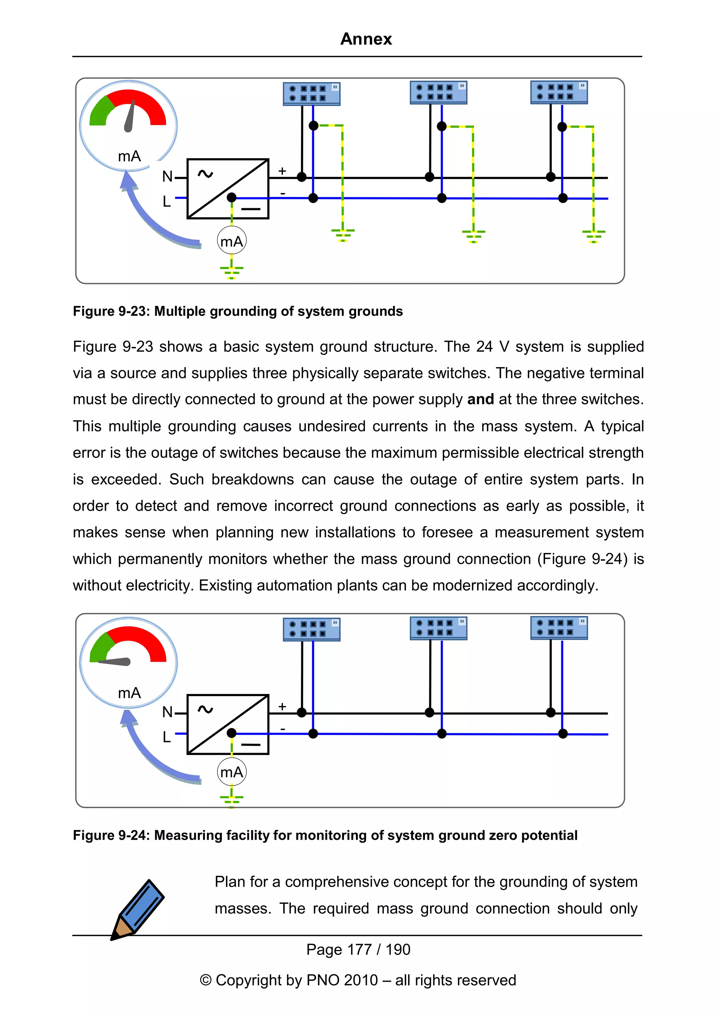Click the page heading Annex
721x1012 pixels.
366,39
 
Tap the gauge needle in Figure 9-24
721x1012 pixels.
114,662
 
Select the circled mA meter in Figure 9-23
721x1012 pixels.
231,241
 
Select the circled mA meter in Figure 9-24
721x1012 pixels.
231,772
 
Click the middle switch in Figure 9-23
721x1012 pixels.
438,92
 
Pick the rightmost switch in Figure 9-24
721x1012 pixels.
559,628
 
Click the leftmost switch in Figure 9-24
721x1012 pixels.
311,629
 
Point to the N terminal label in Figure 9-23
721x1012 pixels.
167,176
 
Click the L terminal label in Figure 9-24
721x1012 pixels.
167,737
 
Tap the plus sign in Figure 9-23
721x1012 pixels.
282,170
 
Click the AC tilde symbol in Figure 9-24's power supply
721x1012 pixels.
205,709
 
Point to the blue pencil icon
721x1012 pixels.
138,909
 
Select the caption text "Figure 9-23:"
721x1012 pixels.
111,311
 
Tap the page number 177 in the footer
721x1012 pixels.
359,949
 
